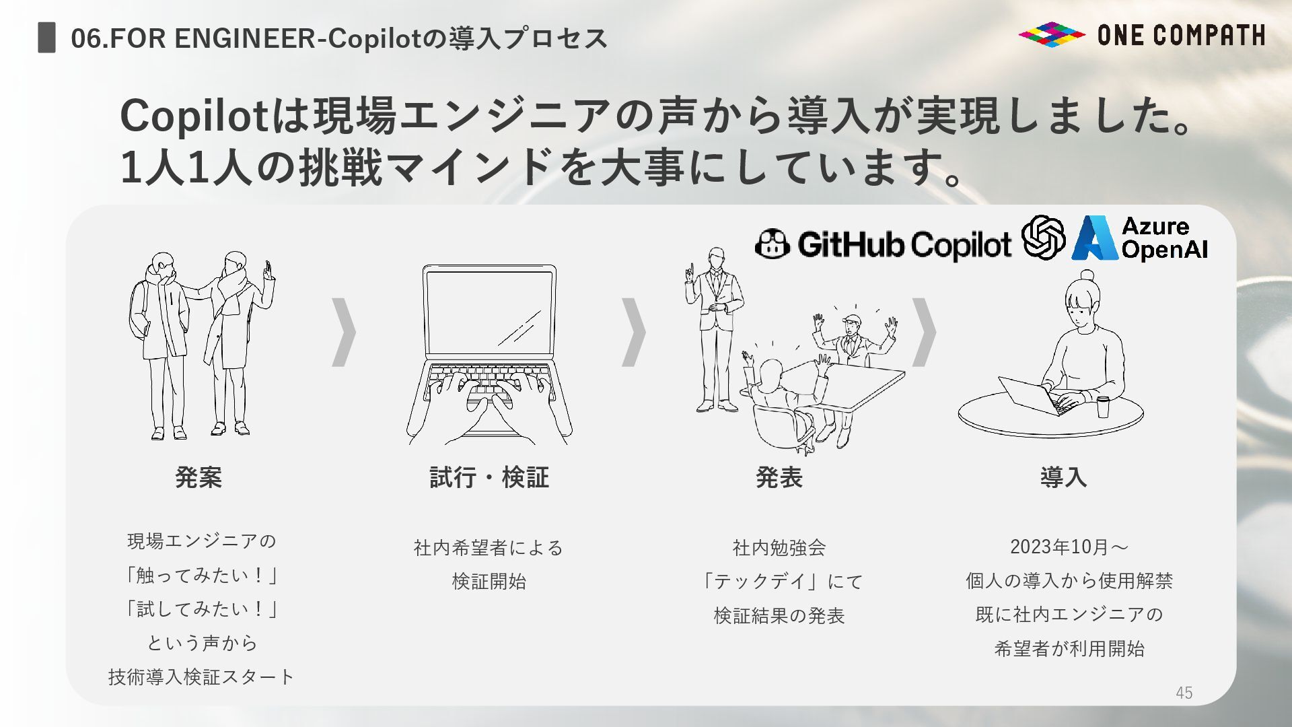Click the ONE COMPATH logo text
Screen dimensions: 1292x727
point(1181,35)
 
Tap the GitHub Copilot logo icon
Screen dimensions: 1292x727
point(772,244)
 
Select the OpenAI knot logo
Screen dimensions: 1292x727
point(1043,237)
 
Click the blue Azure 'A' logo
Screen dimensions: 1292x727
point(1095,238)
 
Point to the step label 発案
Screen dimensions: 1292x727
point(199,477)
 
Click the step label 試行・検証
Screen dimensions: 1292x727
point(489,477)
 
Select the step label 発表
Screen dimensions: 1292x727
point(779,477)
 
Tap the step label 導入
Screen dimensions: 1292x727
point(1063,477)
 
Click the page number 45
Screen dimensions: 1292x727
point(1184,693)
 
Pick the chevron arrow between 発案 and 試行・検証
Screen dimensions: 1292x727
point(345,332)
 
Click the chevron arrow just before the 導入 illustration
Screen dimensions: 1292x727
point(924,332)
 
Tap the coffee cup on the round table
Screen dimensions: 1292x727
point(1103,407)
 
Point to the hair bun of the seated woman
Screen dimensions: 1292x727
point(1087,276)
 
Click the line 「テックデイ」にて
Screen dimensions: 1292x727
point(780,581)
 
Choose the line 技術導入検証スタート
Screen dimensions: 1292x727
point(202,677)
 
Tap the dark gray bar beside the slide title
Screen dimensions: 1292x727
point(46,37)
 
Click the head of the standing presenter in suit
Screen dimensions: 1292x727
point(716,258)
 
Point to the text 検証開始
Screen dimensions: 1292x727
point(489,581)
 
